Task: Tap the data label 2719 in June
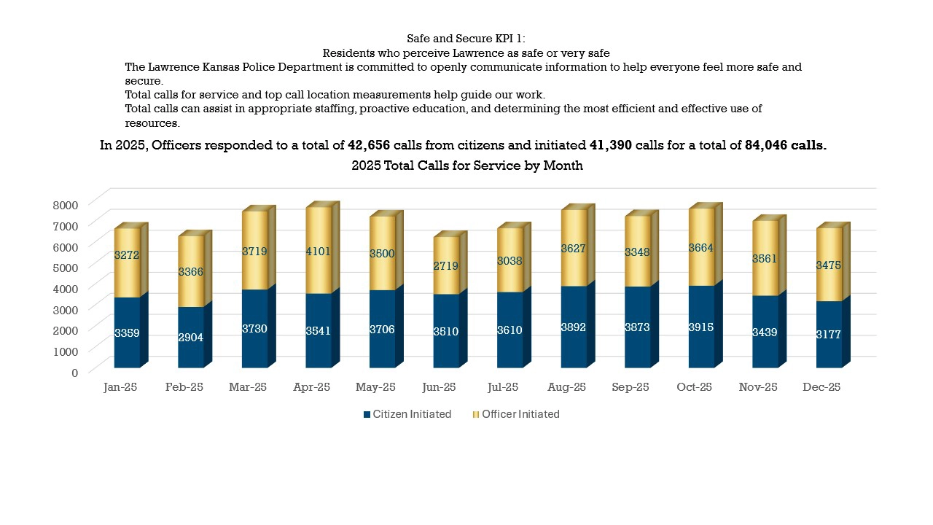[446, 266]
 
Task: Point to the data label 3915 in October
[702, 329]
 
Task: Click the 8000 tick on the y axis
[65, 204]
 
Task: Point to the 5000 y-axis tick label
[65, 267]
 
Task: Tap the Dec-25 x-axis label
[822, 387]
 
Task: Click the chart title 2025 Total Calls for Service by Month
[467, 166]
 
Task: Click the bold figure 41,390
[610, 145]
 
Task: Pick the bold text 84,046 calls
[786, 145]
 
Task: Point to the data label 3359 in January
[127, 333]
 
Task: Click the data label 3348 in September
[638, 252]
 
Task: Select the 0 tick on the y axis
[74, 372]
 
